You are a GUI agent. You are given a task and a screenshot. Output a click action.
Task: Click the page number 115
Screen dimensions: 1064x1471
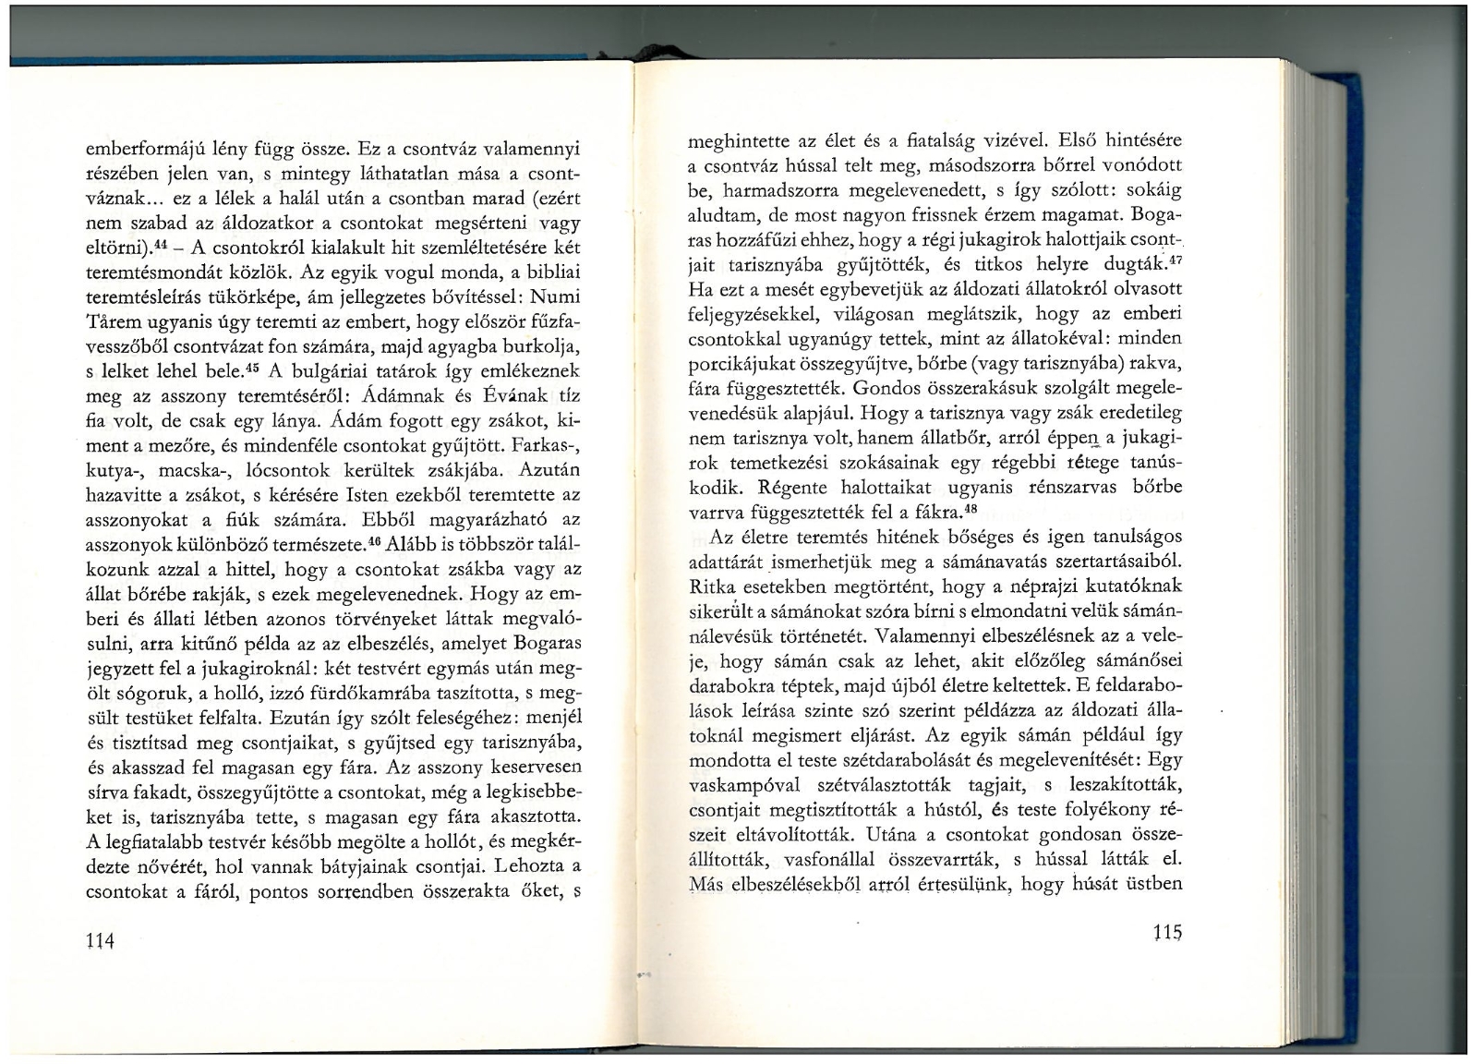click(x=1167, y=933)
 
